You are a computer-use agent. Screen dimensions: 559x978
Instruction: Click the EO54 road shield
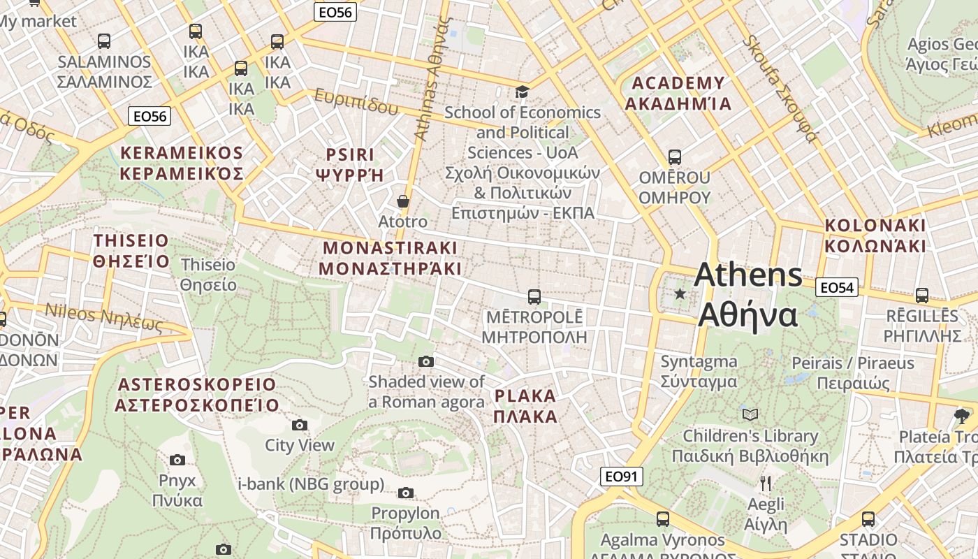point(836,287)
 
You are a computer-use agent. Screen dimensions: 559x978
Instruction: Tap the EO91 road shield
point(621,477)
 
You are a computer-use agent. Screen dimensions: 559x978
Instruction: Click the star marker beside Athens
point(680,294)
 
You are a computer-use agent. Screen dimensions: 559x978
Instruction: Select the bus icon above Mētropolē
point(534,296)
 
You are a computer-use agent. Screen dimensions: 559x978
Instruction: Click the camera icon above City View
point(299,425)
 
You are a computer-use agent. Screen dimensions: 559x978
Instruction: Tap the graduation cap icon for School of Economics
point(522,92)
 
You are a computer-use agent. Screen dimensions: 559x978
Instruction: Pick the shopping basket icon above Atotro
point(403,201)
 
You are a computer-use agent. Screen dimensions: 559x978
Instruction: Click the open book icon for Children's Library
point(750,415)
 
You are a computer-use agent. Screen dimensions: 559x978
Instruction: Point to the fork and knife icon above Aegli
point(766,483)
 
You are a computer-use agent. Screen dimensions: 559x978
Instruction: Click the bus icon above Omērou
point(674,157)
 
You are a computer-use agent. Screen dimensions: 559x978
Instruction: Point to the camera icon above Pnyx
point(177,460)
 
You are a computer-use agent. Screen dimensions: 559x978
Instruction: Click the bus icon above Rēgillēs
point(921,296)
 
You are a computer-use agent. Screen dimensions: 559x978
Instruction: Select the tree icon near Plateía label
point(962,416)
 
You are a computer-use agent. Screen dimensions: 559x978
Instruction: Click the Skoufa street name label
point(779,88)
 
